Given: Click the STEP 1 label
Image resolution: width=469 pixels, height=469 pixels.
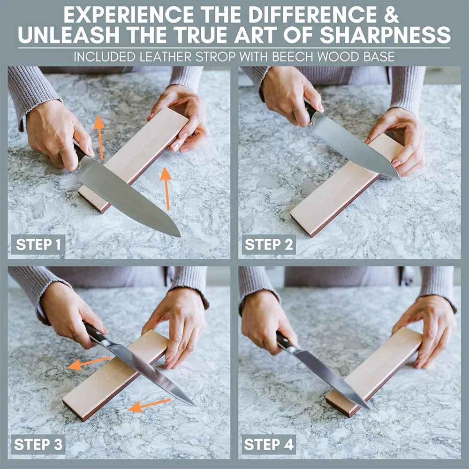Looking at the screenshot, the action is pyautogui.click(x=38, y=244).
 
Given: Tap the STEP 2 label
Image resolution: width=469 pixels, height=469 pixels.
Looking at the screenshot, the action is pyautogui.click(x=269, y=244).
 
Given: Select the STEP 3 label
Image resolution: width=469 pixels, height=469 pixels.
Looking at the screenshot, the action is pyautogui.click(x=38, y=445).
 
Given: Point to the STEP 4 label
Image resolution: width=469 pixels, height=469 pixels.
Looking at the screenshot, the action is pyautogui.click(x=269, y=445).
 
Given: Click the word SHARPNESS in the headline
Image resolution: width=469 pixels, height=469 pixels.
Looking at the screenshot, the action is pyautogui.click(x=385, y=35).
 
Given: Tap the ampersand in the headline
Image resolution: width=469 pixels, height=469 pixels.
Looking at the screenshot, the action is pyautogui.click(x=392, y=15).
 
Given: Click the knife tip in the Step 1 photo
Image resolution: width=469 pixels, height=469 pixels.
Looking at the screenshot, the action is pyautogui.click(x=180, y=236).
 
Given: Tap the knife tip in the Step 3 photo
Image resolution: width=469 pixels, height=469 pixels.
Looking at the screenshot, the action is pyautogui.click(x=194, y=405).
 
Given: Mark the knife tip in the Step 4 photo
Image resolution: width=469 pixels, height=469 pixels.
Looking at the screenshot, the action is pyautogui.click(x=370, y=408).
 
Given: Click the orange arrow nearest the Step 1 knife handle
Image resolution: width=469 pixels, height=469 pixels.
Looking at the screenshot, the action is pyautogui.click(x=100, y=137).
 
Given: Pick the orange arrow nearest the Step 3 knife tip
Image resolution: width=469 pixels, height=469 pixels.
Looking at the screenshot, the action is pyautogui.click(x=150, y=405).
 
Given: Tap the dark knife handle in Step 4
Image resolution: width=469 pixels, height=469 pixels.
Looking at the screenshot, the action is pyautogui.click(x=284, y=340).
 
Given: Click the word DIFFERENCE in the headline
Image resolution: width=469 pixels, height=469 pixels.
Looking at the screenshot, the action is pyautogui.click(x=313, y=15).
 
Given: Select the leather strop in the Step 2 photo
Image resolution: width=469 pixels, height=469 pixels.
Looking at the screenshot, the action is pyautogui.click(x=347, y=185).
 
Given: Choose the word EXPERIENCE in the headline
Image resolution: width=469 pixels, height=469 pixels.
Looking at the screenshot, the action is pyautogui.click(x=129, y=15).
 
